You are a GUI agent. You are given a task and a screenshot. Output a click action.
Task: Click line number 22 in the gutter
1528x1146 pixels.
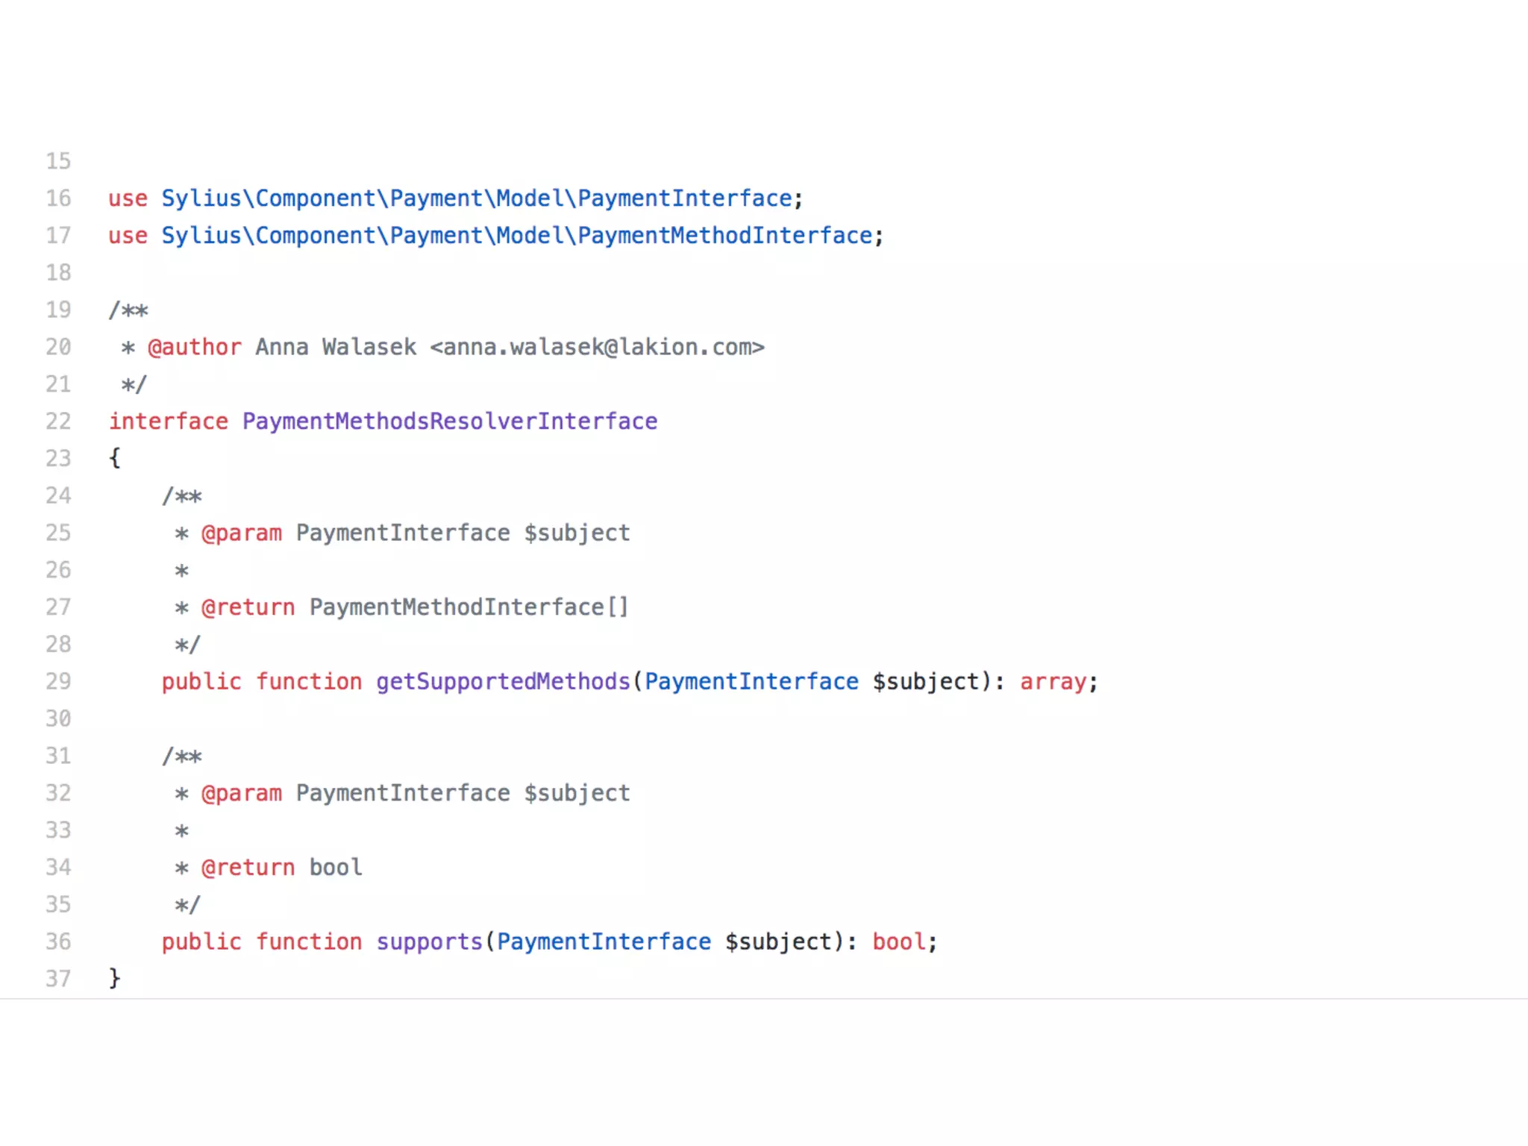[58, 422]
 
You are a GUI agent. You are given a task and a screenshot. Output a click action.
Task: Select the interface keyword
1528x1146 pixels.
[169, 422]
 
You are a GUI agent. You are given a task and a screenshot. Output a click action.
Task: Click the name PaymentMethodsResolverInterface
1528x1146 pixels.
[450, 422]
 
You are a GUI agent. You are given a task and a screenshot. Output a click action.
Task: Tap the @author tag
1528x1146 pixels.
[195, 348]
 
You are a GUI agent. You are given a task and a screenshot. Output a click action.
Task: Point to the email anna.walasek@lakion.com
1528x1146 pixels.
[597, 348]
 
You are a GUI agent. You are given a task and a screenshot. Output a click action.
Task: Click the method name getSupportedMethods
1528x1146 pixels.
[503, 682]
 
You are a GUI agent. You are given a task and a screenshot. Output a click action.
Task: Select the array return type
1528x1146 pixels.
[1053, 682]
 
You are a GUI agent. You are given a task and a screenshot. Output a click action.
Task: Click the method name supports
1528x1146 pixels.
[429, 942]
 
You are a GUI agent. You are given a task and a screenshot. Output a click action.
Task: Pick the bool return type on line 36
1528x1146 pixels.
[899, 942]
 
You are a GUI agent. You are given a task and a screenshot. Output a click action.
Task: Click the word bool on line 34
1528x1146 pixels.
[336, 868]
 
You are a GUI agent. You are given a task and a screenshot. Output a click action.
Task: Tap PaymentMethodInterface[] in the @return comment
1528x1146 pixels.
[469, 607]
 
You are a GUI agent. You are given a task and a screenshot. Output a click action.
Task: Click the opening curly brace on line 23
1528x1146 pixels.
[115, 458]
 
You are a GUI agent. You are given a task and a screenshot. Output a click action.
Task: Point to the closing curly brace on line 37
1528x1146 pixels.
[115, 978]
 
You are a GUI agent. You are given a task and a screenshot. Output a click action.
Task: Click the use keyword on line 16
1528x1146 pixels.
[128, 198]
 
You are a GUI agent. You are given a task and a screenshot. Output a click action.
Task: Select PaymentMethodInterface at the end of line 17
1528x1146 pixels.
[724, 236]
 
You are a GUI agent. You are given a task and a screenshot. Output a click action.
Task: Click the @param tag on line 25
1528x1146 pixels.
[242, 533]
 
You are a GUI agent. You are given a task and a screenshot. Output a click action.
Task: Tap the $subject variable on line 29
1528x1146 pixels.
[925, 682]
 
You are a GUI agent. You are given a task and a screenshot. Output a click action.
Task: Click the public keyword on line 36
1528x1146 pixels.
[201, 942]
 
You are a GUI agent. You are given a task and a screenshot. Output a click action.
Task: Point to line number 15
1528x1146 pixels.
[58, 161]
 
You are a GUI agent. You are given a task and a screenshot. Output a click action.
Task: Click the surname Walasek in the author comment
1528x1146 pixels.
[369, 348]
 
